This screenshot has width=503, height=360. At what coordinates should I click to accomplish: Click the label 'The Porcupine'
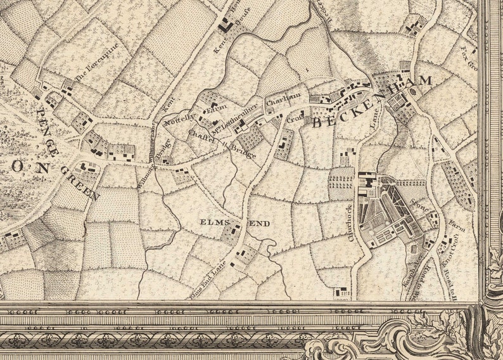[x=97, y=67]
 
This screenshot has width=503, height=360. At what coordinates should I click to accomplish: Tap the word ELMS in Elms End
[x=212, y=223]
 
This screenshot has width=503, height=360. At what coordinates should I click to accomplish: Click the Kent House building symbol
[x=224, y=27]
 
